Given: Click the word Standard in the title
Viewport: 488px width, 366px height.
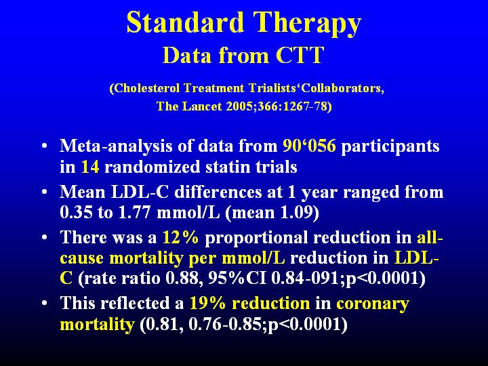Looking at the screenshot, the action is point(185,22).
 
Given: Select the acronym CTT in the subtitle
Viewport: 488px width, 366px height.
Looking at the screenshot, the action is point(300,55).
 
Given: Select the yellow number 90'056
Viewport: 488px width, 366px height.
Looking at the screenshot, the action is point(309,146).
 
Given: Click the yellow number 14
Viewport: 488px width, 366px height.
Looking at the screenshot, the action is point(90,167).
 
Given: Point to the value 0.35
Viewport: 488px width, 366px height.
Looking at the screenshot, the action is point(76,213).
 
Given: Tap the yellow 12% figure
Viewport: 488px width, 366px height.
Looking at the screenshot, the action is point(180,237).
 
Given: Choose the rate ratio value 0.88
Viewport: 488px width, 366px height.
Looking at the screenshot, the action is point(181,278).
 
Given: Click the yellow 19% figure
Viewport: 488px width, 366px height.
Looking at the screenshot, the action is point(207,303).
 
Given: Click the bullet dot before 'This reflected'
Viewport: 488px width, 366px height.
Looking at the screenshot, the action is point(45,302).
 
